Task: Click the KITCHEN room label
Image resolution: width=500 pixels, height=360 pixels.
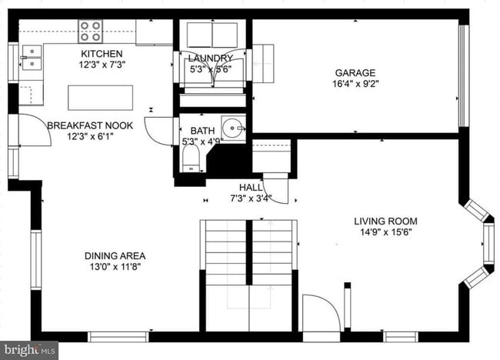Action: (102, 53)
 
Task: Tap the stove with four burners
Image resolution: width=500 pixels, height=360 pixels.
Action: (90, 32)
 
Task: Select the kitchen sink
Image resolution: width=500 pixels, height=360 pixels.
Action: (32, 57)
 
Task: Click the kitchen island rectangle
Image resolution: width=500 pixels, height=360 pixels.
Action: (100, 98)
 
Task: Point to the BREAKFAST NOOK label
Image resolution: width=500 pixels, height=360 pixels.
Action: (89, 125)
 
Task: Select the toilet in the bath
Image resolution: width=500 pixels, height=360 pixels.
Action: (190, 158)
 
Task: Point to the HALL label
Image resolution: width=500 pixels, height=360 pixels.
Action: (251, 187)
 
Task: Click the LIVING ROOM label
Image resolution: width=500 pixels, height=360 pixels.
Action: (385, 222)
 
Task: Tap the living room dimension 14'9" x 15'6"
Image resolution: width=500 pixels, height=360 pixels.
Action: (385, 232)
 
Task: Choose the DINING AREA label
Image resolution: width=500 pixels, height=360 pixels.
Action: (115, 256)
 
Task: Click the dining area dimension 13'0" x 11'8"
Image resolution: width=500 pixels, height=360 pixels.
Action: (115, 267)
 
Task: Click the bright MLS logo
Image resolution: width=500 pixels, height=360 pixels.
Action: (29, 350)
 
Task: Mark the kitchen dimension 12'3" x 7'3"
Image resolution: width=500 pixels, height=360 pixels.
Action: (102, 65)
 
